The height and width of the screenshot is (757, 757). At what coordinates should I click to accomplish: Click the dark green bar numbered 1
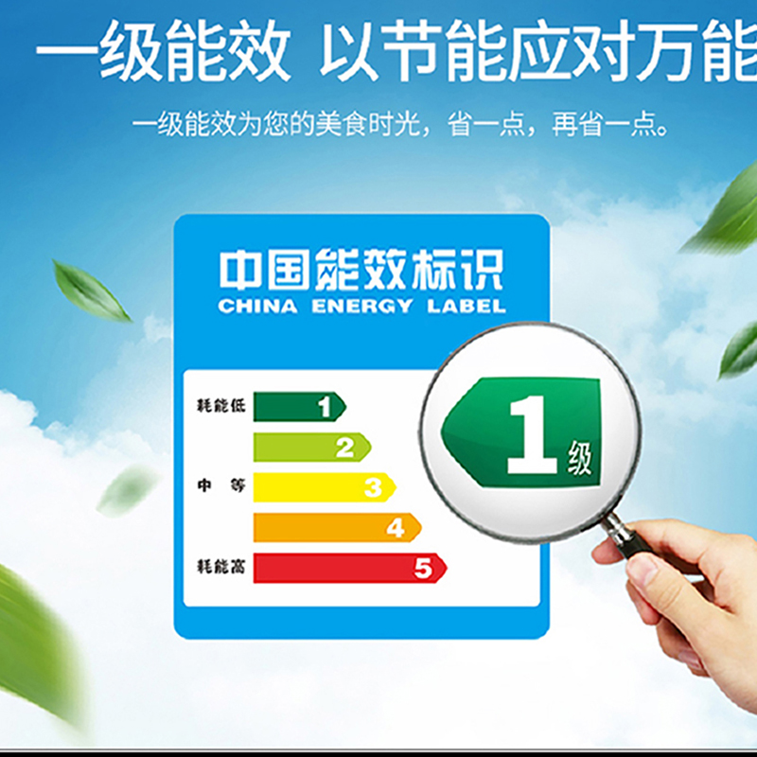[x=299, y=407]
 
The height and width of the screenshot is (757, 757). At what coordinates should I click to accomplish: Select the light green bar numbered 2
[x=312, y=447]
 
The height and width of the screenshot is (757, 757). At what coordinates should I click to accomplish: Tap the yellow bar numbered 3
[x=325, y=487]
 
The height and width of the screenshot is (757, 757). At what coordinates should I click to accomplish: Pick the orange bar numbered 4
[x=337, y=527]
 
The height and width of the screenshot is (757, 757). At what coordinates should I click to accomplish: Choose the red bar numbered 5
[x=349, y=568]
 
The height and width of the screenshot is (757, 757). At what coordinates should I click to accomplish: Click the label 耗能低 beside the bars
[x=221, y=406]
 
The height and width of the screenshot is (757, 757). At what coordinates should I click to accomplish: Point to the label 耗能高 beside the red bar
[x=221, y=566]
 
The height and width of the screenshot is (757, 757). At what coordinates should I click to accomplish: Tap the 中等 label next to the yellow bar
[x=221, y=484]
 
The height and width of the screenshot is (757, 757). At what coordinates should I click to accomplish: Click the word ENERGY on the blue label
[x=361, y=306]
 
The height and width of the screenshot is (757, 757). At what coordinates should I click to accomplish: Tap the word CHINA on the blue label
[x=257, y=306]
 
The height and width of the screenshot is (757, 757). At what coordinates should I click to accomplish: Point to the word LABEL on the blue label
[x=467, y=306]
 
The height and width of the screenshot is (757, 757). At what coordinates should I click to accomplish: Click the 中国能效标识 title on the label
[x=361, y=270]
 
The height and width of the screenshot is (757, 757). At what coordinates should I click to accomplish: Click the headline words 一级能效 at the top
[x=164, y=51]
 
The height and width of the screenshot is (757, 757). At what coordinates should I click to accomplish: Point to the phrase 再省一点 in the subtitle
[x=609, y=125]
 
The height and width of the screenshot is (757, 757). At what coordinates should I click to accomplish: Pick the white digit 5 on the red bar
[x=423, y=568]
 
